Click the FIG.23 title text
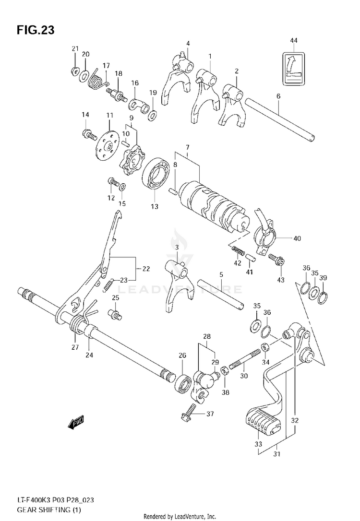click(36, 30)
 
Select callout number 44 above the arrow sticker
click(294, 41)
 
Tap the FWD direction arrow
click(76, 422)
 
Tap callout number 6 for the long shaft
click(278, 96)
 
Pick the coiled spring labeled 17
click(97, 80)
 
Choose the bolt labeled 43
click(277, 260)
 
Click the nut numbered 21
click(75, 71)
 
